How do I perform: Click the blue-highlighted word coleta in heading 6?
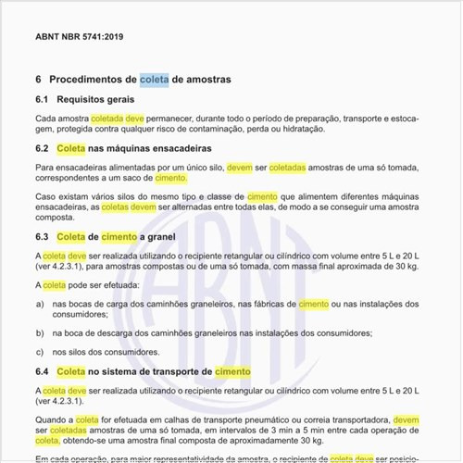click(155, 80)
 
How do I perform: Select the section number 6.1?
click(42, 99)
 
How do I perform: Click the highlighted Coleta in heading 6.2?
click(71, 148)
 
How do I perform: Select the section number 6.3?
click(42, 237)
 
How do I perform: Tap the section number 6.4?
click(42, 371)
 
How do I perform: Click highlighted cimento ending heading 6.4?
click(232, 371)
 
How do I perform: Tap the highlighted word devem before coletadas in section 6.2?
click(239, 167)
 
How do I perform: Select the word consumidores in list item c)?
click(121, 351)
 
